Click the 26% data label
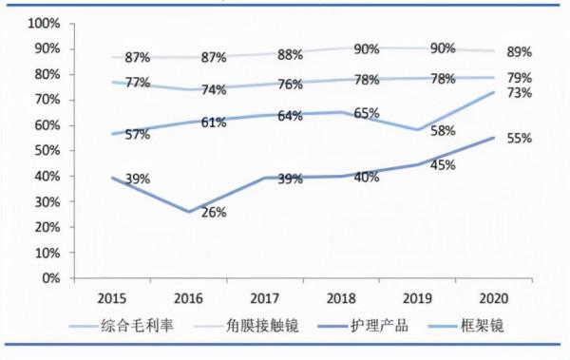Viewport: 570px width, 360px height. [214, 213]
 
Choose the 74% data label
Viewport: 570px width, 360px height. [214, 90]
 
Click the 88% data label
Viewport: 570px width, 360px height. [291, 55]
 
